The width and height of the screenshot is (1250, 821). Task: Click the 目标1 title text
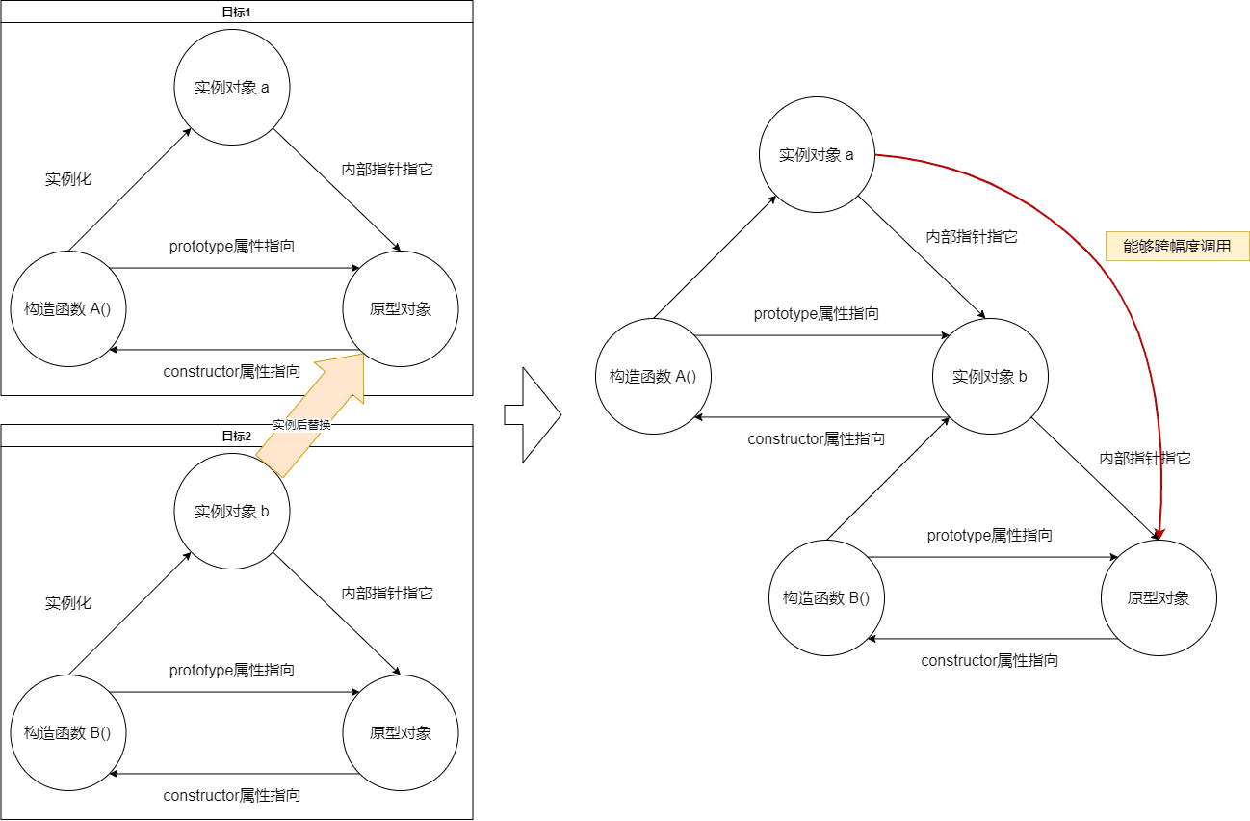coord(237,12)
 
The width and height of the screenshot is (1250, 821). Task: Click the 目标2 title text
coord(237,436)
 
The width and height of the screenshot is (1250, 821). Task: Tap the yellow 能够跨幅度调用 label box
coord(1177,246)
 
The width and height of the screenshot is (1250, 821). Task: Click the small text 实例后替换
coord(301,424)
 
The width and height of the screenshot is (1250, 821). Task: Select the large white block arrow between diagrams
coord(532,414)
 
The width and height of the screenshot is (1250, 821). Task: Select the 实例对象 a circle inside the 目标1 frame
coord(232,88)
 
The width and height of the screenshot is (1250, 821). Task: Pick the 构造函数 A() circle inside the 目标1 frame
coord(68,308)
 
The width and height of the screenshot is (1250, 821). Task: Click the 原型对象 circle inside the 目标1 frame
coord(401,308)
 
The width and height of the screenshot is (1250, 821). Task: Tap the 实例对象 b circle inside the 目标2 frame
coord(232,512)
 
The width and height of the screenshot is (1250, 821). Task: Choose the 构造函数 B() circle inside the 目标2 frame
coord(68,732)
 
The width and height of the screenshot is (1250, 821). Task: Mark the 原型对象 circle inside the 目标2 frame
coord(401,732)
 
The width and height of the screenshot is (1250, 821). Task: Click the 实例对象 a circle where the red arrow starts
coord(817,155)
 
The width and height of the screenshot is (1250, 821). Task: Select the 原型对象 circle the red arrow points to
coord(1159,598)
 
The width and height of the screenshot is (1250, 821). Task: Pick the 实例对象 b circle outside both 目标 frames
coord(990,377)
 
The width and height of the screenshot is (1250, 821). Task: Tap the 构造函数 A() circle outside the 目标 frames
coord(654,377)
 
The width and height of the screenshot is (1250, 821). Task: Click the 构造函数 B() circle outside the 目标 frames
coord(826,598)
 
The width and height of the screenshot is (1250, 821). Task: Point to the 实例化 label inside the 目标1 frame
coord(68,179)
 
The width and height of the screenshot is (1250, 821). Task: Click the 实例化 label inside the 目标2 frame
coord(68,603)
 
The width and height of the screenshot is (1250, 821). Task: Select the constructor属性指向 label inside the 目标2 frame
coord(232,795)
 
